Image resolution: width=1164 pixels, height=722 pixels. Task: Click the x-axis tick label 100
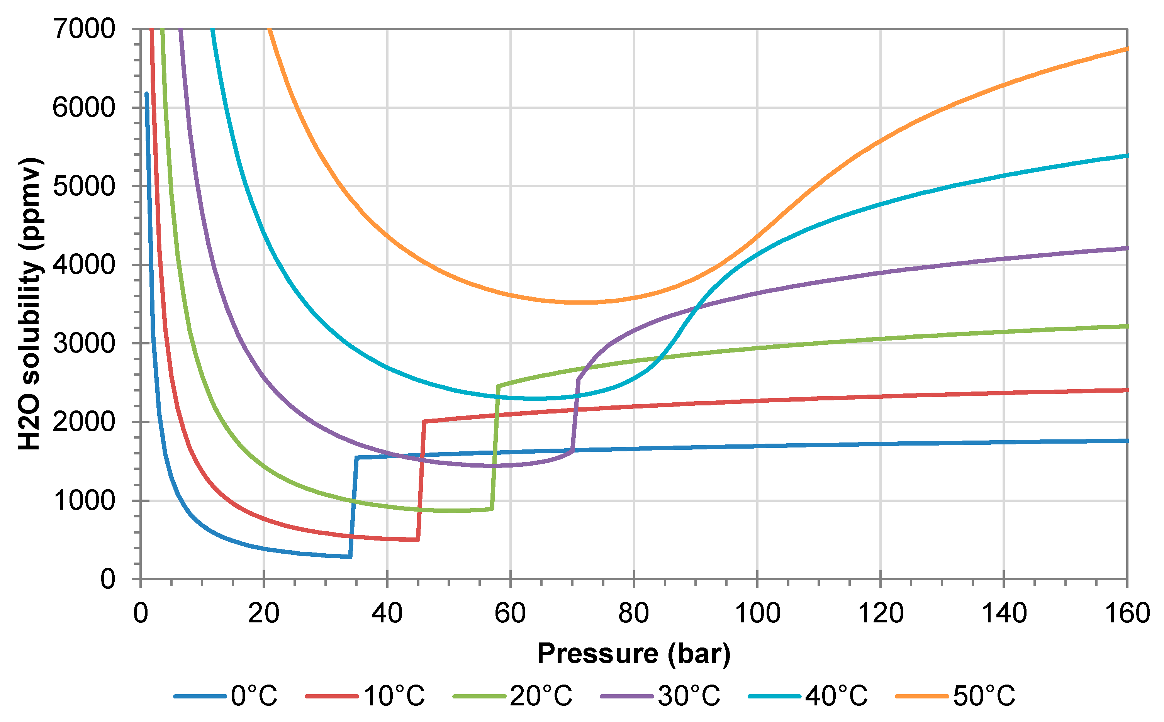757,613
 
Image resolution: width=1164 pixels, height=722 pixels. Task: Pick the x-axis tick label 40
387,613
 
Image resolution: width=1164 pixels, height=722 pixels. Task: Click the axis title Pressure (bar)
633,654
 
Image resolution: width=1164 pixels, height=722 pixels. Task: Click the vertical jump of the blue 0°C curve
353,507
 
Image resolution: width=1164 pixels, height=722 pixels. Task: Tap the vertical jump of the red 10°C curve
421,480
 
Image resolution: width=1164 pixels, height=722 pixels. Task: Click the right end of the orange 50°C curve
1126,49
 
